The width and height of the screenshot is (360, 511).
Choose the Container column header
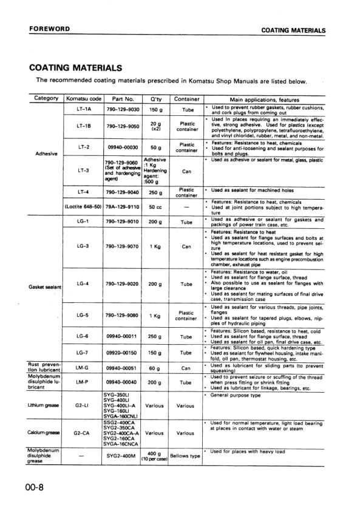(x=186, y=99)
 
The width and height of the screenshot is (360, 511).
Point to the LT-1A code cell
(x=84, y=110)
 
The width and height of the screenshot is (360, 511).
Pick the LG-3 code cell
(x=84, y=246)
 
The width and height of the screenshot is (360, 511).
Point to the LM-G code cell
(x=84, y=367)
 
